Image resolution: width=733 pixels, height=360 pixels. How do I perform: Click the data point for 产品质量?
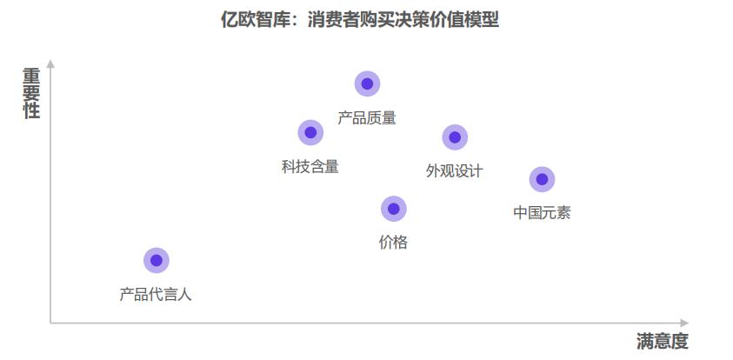(367, 83)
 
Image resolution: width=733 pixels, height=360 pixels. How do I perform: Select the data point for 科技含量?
(310, 132)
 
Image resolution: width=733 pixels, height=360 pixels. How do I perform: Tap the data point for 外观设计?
(455, 137)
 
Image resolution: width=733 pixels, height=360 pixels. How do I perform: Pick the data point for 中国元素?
(542, 179)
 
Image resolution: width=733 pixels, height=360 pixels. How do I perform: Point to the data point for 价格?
(394, 209)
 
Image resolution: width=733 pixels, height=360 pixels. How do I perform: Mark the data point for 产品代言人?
(157, 260)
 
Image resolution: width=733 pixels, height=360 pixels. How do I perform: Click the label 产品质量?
(367, 117)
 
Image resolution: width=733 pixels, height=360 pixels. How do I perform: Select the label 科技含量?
(310, 166)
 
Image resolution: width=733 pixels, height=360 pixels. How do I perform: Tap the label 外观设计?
(454, 170)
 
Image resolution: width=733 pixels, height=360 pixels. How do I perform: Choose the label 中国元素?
(542, 213)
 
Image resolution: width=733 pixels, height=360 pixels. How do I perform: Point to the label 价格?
(393, 243)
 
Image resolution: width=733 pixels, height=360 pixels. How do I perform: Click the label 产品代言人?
(156, 294)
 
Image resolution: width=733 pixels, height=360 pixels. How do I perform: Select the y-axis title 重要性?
(31, 94)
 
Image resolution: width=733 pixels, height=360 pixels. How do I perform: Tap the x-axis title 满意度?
(662, 342)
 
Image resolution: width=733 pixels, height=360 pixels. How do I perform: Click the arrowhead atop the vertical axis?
(50, 63)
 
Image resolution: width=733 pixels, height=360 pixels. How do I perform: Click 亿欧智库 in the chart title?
(256, 19)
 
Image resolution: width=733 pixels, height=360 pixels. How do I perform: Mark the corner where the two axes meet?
(50, 323)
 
